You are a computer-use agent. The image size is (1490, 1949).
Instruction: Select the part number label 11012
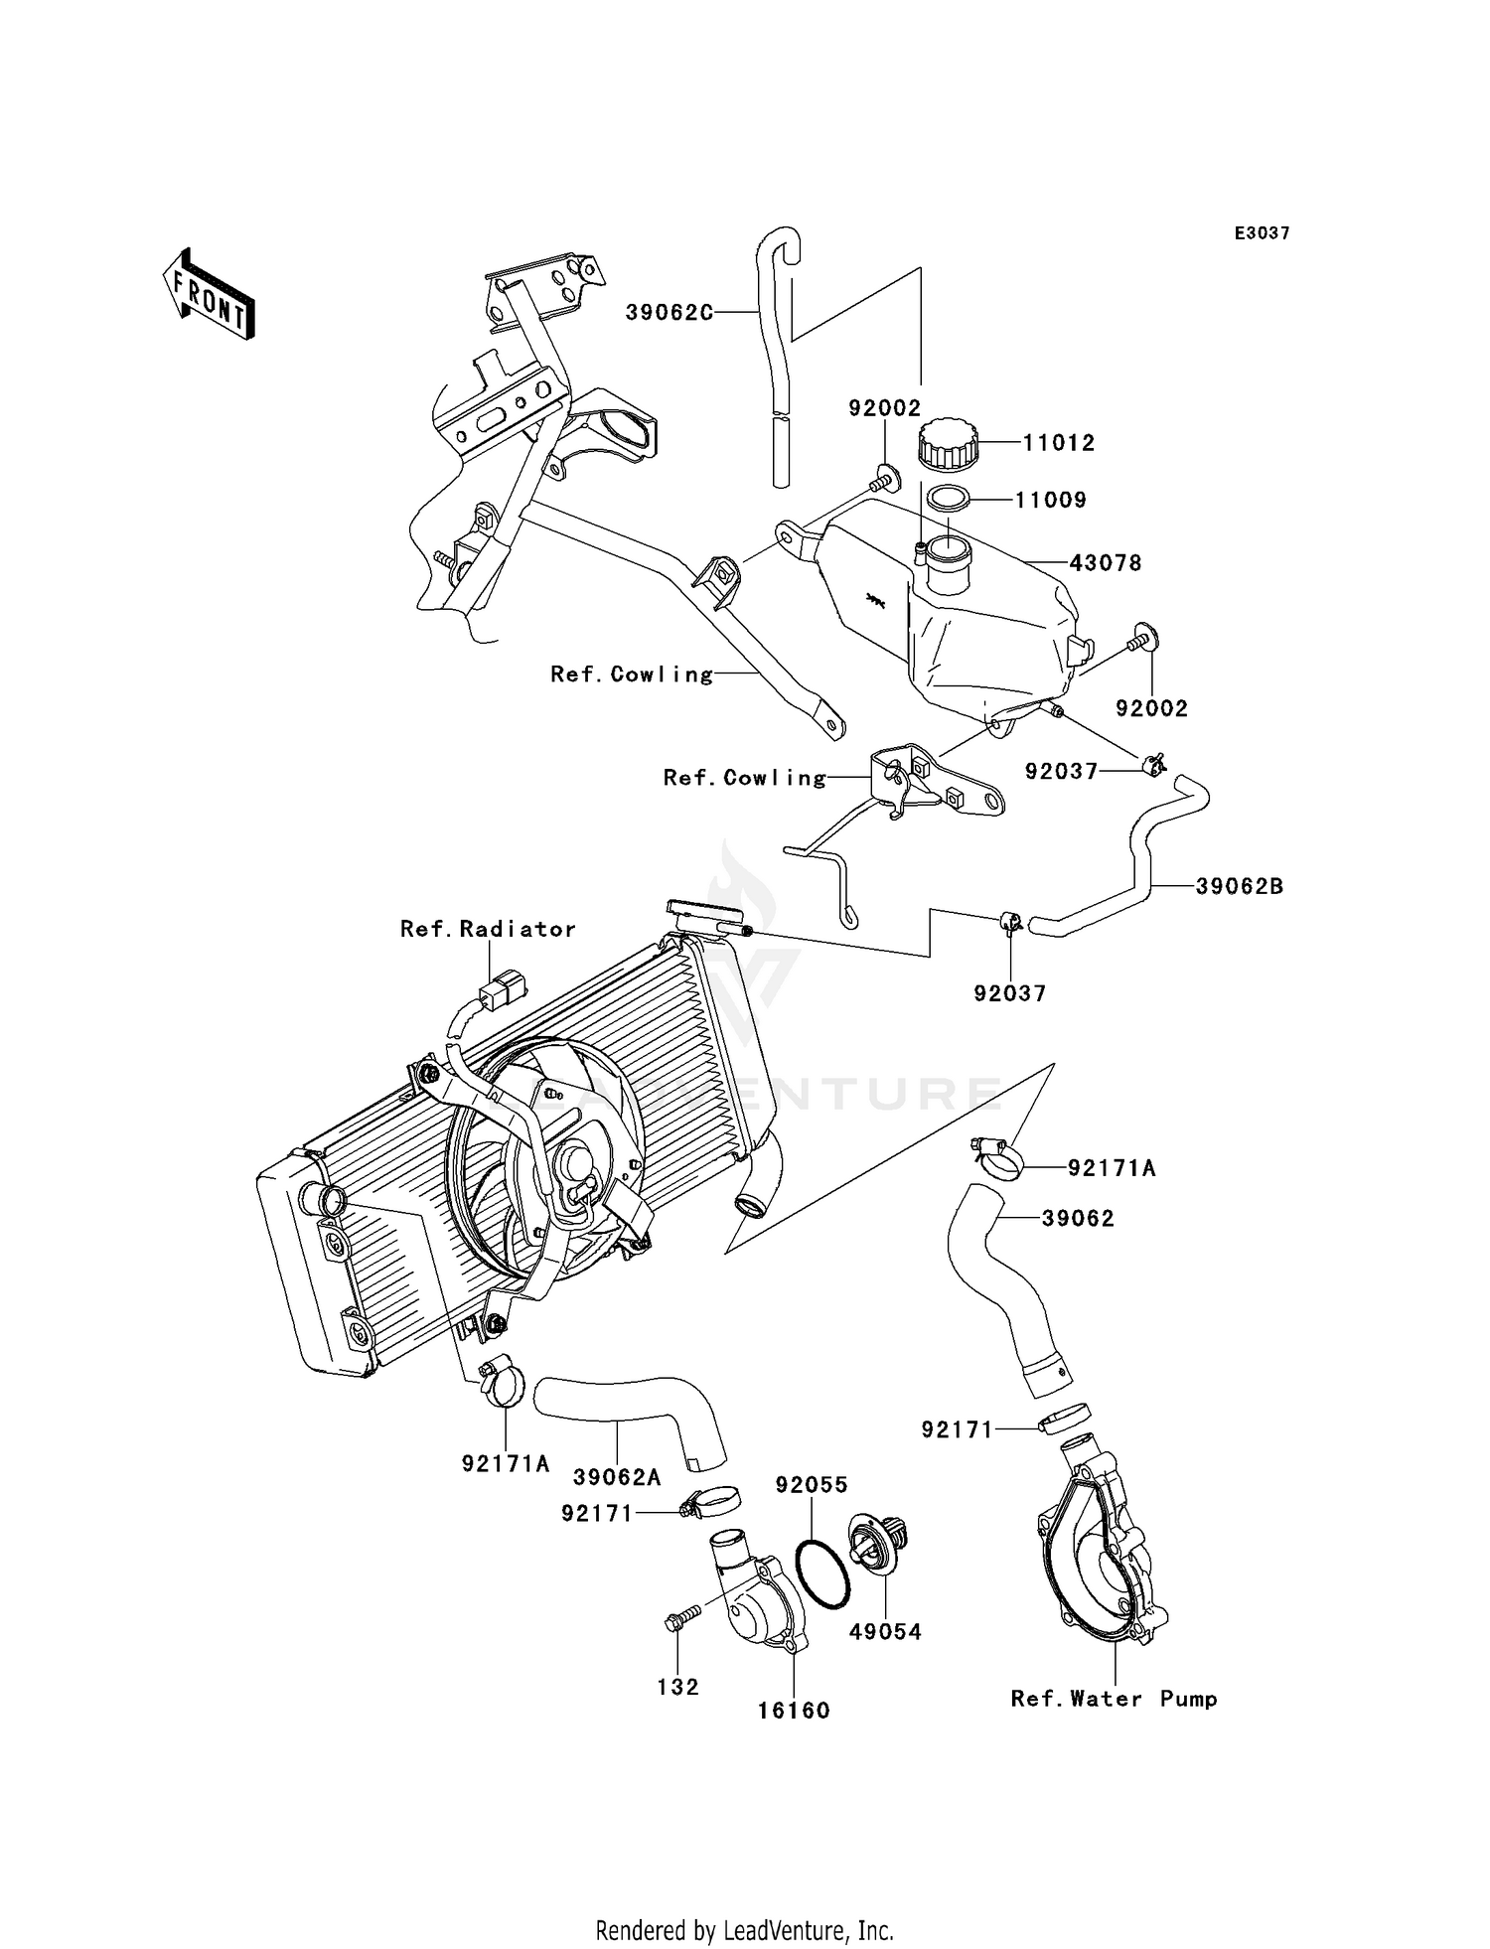1059,443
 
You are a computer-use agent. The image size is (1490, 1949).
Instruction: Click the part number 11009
1051,501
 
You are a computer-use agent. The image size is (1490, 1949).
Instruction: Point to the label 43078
1106,563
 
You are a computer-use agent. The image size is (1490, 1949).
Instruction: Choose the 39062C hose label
670,313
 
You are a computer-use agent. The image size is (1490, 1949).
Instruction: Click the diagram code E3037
1263,233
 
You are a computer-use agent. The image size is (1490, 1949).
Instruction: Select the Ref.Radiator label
488,929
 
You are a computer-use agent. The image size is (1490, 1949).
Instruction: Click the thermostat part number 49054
885,1631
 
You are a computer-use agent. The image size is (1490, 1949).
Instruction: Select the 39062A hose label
617,1477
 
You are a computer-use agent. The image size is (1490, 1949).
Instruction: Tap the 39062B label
1239,886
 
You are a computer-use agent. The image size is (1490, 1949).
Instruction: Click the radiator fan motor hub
575,1162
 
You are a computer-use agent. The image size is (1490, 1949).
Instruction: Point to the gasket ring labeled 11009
950,499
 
